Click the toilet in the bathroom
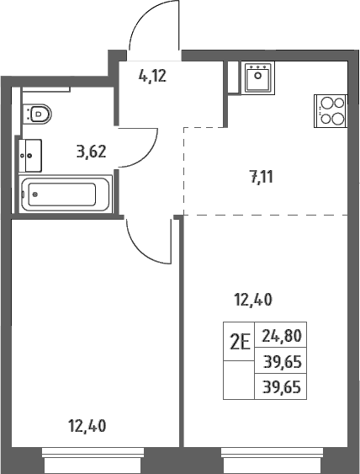38,114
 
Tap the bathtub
66,194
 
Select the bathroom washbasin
30,156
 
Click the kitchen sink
257,77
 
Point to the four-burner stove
331,111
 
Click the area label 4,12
152,76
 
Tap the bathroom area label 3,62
91,152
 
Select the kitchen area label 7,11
262,177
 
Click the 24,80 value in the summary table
282,336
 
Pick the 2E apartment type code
241,343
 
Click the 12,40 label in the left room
87,426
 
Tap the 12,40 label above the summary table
253,301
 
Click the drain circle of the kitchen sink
257,76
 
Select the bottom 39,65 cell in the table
282,387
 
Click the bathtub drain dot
35,194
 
